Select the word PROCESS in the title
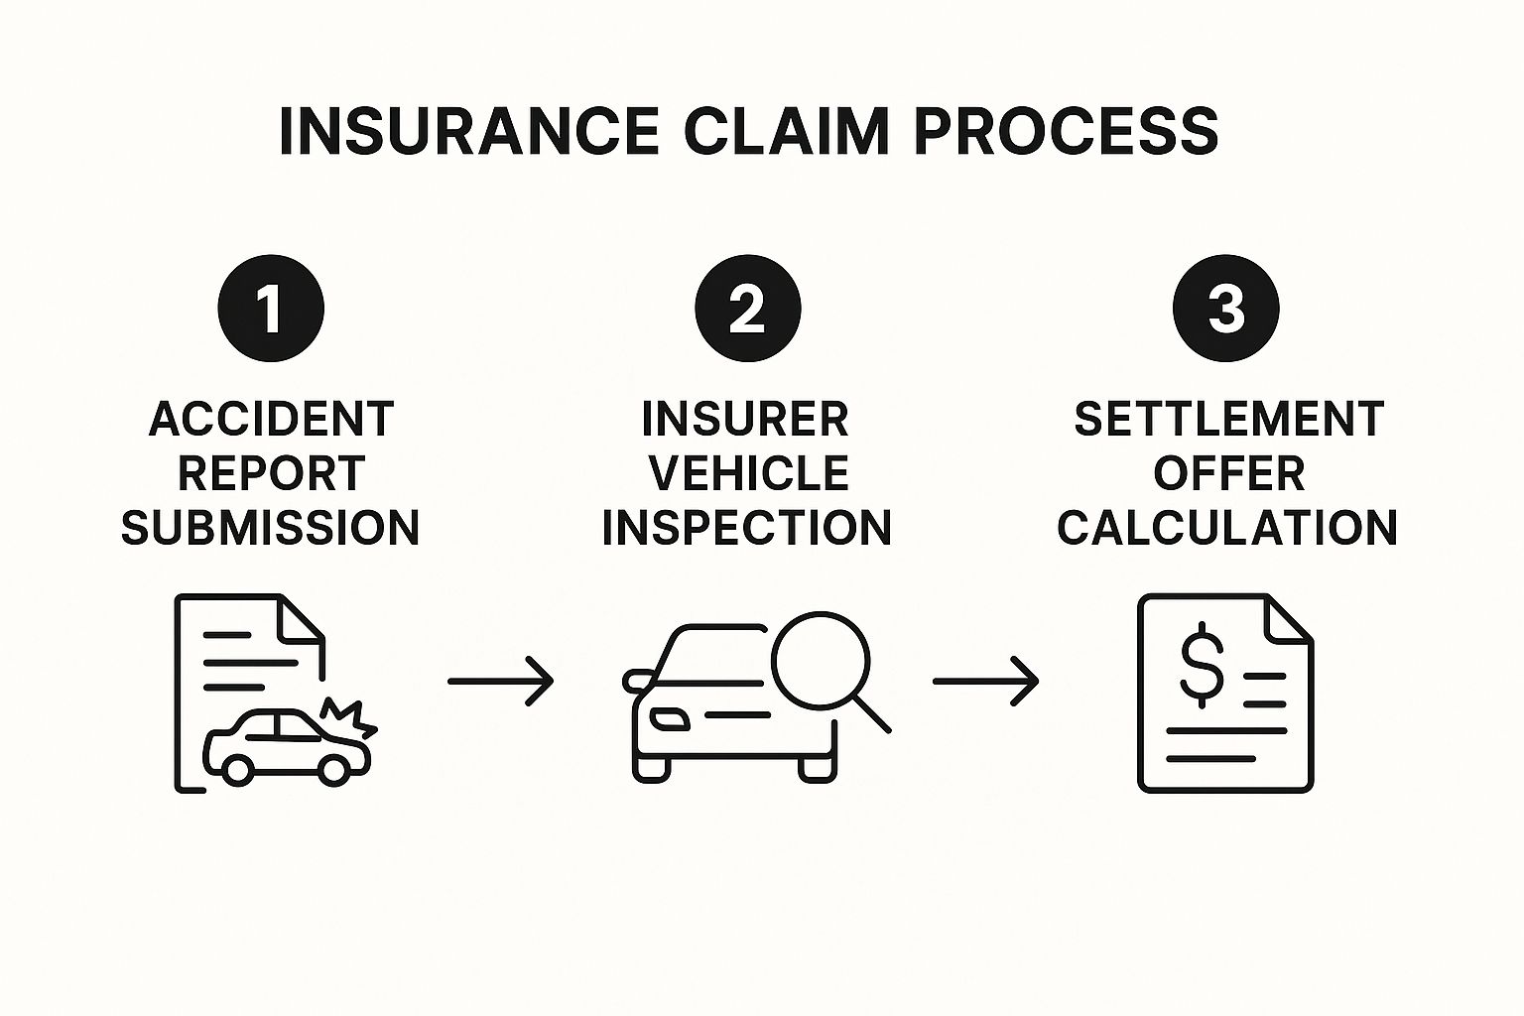pyautogui.click(x=1066, y=131)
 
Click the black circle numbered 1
pyautogui.click(x=271, y=308)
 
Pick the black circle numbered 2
pyautogui.click(x=747, y=308)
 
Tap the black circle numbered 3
pyautogui.click(x=1226, y=308)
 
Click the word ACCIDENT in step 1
pyautogui.click(x=271, y=420)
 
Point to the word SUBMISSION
pyautogui.click(x=271, y=527)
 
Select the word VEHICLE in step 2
pyautogui.click(x=749, y=473)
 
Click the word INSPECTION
pyautogui.click(x=747, y=527)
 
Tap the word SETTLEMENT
pyautogui.click(x=1228, y=420)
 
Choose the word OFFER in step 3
pyautogui.click(x=1228, y=473)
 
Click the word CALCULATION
pyautogui.click(x=1227, y=527)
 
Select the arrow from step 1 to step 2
pyautogui.click(x=500, y=682)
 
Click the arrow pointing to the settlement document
pyautogui.click(x=985, y=682)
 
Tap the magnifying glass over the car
pyautogui.click(x=822, y=660)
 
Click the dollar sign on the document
pyautogui.click(x=1201, y=664)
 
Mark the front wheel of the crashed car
pyautogui.click(x=333, y=768)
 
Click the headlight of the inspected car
pyautogui.click(x=668, y=717)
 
